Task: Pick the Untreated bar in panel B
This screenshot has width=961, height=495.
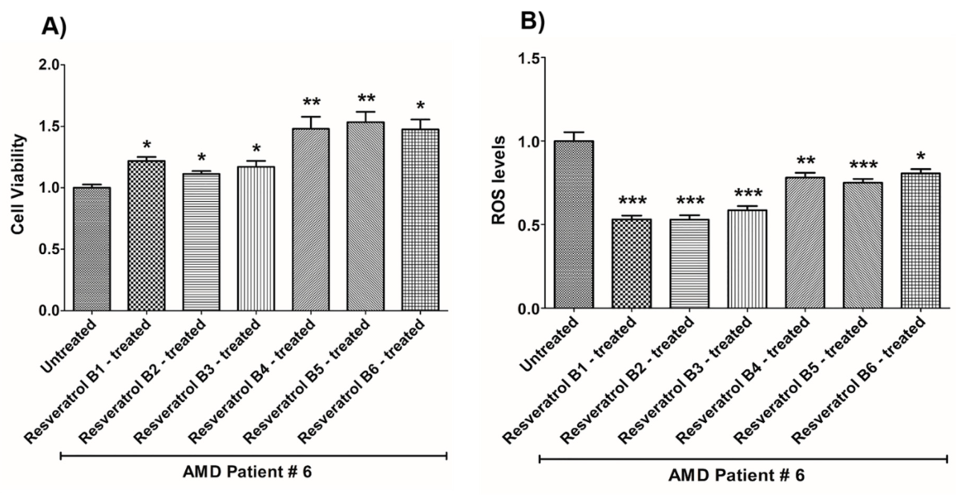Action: tap(573, 224)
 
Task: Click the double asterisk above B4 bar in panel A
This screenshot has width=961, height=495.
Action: tap(312, 103)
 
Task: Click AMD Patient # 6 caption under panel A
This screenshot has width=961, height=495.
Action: tap(254, 473)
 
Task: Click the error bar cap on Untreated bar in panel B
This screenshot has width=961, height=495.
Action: tap(573, 132)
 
